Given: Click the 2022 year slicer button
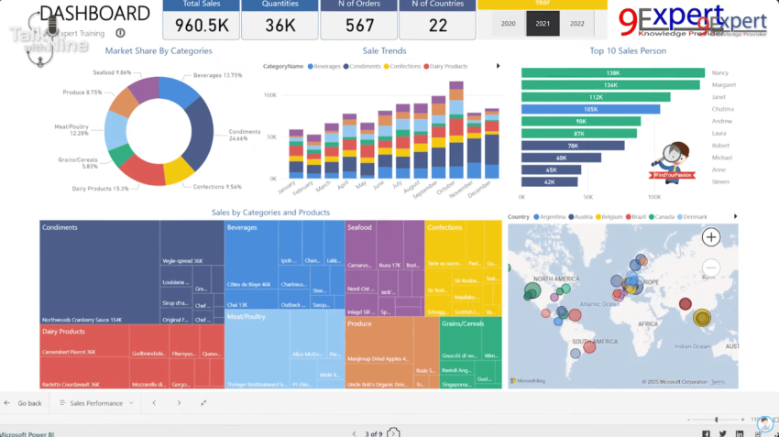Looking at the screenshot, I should coord(576,24).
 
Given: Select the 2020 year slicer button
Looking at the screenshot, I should coord(509,24).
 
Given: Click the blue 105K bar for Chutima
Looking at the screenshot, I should coord(590,109).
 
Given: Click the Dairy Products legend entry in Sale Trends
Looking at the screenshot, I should coord(445,67).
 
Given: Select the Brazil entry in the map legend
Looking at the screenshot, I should coord(638,216).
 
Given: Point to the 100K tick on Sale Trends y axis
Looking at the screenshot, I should coord(270,95).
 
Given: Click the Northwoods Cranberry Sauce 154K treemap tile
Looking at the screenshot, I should coord(82,320).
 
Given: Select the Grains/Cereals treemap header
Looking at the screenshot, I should coord(463,323).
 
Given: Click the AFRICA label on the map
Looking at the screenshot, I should coord(648,324).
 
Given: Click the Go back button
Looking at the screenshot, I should coord(24,403).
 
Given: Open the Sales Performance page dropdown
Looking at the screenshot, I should coord(96,403).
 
